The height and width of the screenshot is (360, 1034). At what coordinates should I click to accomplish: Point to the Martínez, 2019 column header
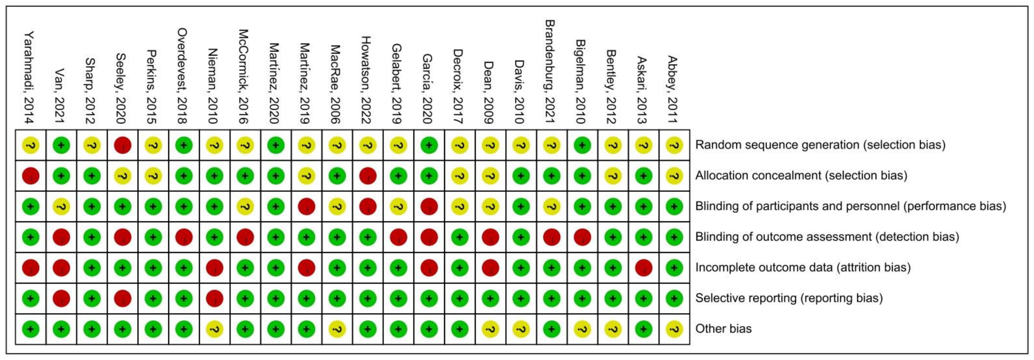pyautogui.click(x=305, y=84)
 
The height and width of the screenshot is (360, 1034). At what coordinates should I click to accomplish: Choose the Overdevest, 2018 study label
pyautogui.click(x=183, y=76)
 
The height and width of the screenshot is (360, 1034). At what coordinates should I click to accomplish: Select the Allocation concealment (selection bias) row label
pyautogui.click(x=801, y=175)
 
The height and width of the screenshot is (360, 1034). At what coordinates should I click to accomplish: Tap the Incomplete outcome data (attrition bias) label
pyautogui.click(x=802, y=267)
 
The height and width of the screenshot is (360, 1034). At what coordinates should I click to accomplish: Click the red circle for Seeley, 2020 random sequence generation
pyautogui.click(x=122, y=145)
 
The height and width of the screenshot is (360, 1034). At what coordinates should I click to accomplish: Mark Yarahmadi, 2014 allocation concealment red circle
pyautogui.click(x=30, y=176)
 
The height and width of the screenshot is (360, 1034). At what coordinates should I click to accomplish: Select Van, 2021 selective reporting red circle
pyautogui.click(x=61, y=298)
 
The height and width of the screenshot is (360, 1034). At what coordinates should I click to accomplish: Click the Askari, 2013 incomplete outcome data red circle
pyautogui.click(x=643, y=268)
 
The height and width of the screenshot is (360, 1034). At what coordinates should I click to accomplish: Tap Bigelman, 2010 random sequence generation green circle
pyautogui.click(x=582, y=145)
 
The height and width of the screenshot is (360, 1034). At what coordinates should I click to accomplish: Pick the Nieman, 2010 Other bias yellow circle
pyautogui.click(x=214, y=329)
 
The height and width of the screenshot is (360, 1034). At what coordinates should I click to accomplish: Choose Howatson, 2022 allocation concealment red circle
pyautogui.click(x=368, y=176)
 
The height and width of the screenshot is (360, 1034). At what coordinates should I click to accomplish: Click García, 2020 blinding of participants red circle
pyautogui.click(x=429, y=206)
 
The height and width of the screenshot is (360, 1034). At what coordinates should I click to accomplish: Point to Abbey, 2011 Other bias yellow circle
pyautogui.click(x=674, y=329)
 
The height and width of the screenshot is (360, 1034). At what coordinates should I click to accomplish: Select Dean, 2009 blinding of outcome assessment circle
pyautogui.click(x=490, y=237)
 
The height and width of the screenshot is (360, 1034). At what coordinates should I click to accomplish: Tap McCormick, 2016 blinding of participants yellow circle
pyautogui.click(x=245, y=206)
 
